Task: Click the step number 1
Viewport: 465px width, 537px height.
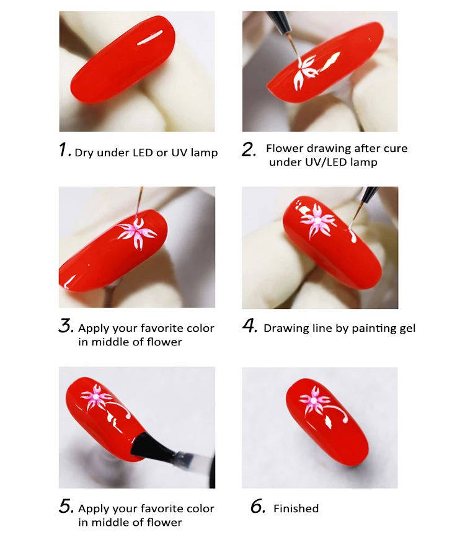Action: (64, 150)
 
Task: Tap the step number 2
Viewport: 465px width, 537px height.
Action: (249, 150)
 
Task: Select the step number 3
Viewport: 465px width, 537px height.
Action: (66, 327)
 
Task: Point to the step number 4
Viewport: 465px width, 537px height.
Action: (249, 327)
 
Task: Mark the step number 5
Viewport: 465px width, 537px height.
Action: (66, 507)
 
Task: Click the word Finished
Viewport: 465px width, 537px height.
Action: (296, 508)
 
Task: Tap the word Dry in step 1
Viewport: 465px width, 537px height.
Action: (85, 153)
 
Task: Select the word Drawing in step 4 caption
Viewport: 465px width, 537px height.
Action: (285, 328)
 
